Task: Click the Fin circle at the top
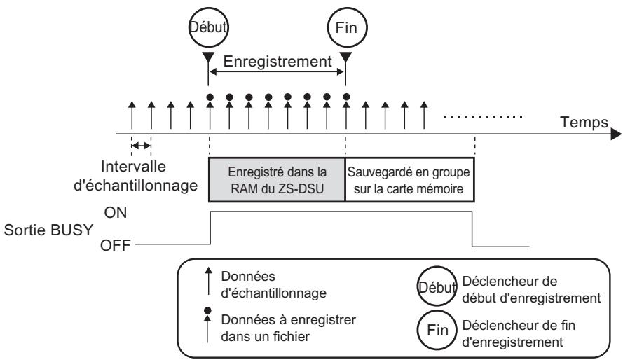(345, 29)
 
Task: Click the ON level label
(116, 213)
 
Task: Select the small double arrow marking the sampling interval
(142, 145)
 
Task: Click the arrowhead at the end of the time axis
(615, 133)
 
